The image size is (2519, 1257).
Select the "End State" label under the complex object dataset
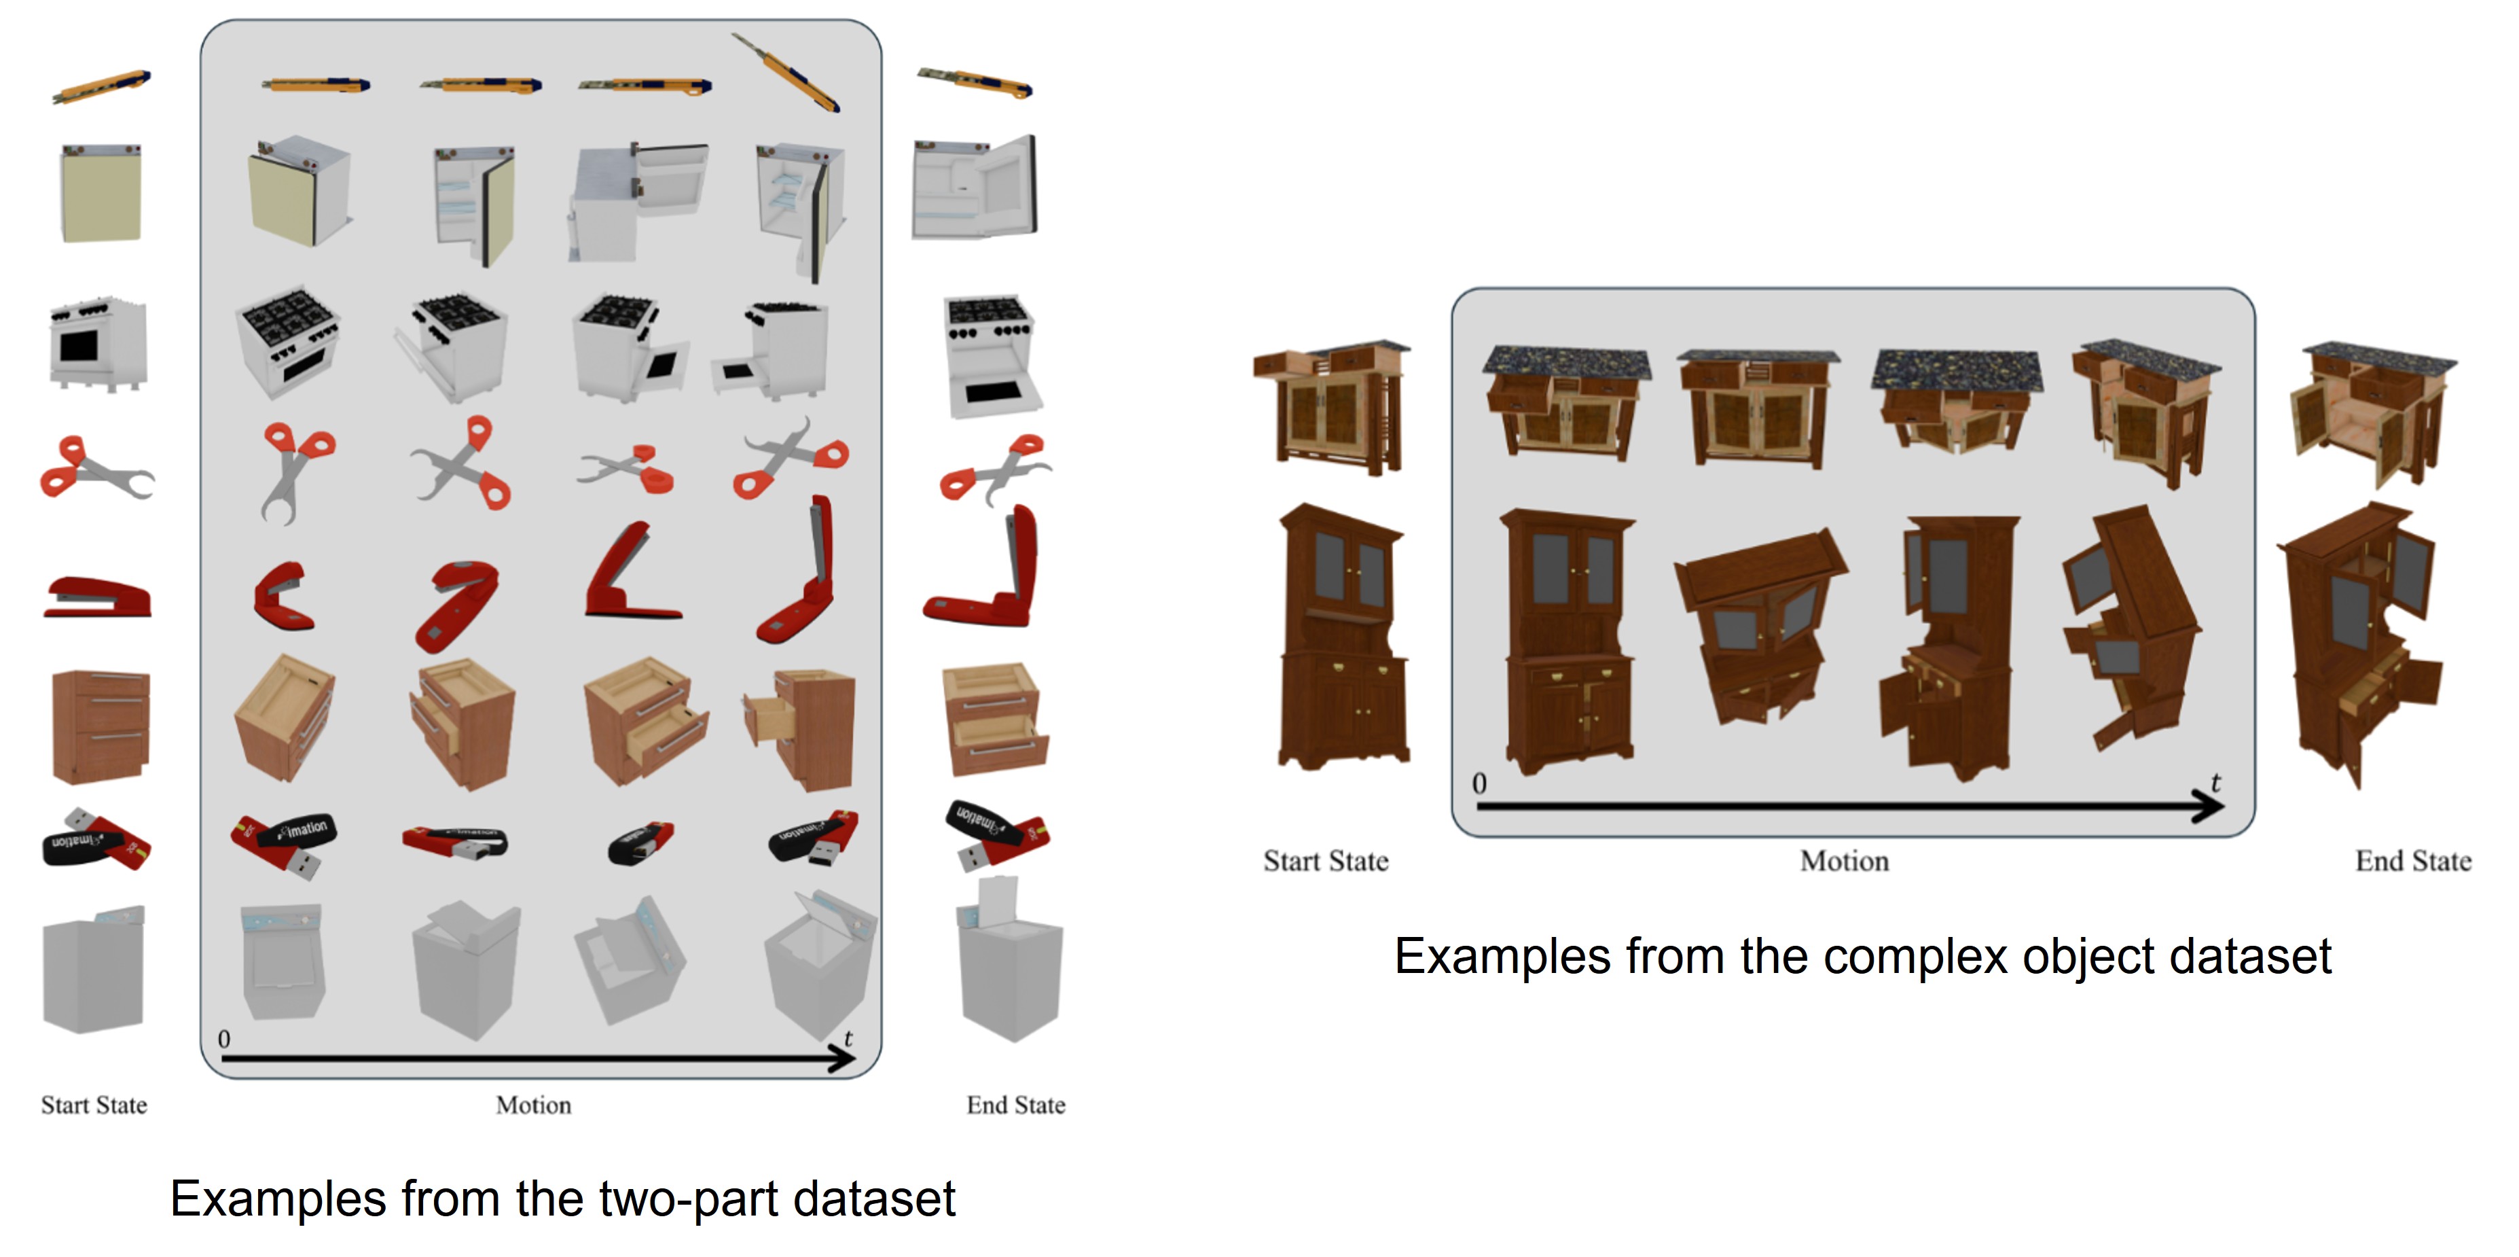2412,861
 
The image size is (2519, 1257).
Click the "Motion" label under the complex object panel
1845,861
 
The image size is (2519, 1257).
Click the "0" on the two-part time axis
224,1039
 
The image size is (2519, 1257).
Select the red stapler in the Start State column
98,597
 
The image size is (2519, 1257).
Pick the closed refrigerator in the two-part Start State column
101,193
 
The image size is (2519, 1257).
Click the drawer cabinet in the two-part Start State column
101,725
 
